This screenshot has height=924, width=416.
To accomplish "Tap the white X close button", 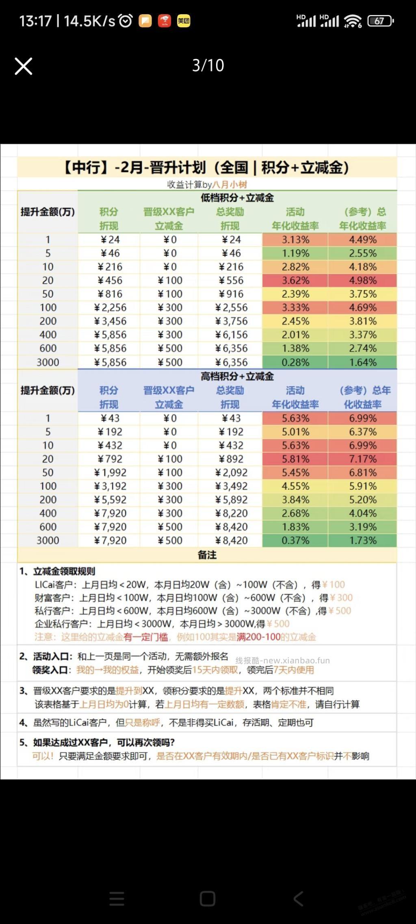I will [24, 66].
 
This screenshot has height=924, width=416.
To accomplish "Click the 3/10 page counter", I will [208, 65].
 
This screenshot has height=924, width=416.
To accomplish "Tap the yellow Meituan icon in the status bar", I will [184, 21].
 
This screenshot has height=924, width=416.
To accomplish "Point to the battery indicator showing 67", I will [380, 21].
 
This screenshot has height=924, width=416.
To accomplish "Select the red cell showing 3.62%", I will [295, 281].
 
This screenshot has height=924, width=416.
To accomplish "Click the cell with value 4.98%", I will [362, 281].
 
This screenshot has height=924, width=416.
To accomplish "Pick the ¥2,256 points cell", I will [110, 308].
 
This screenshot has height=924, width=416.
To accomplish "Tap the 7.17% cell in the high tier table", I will [362, 459].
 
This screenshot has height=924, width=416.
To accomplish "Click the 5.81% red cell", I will [295, 459].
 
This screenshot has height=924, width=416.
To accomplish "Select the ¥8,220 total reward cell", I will [231, 514].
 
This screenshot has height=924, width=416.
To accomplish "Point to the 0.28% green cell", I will [295, 362].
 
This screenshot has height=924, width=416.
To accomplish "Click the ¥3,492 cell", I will [231, 486].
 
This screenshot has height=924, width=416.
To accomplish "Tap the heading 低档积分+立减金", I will [237, 198].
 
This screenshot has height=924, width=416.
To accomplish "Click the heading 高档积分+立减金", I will [237, 377].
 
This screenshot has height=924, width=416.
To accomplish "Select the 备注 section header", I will [207, 555].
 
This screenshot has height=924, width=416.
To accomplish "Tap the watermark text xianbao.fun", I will [283, 661].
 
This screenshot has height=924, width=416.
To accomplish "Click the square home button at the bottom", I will [208, 899].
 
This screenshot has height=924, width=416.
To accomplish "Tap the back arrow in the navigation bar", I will [298, 899].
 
